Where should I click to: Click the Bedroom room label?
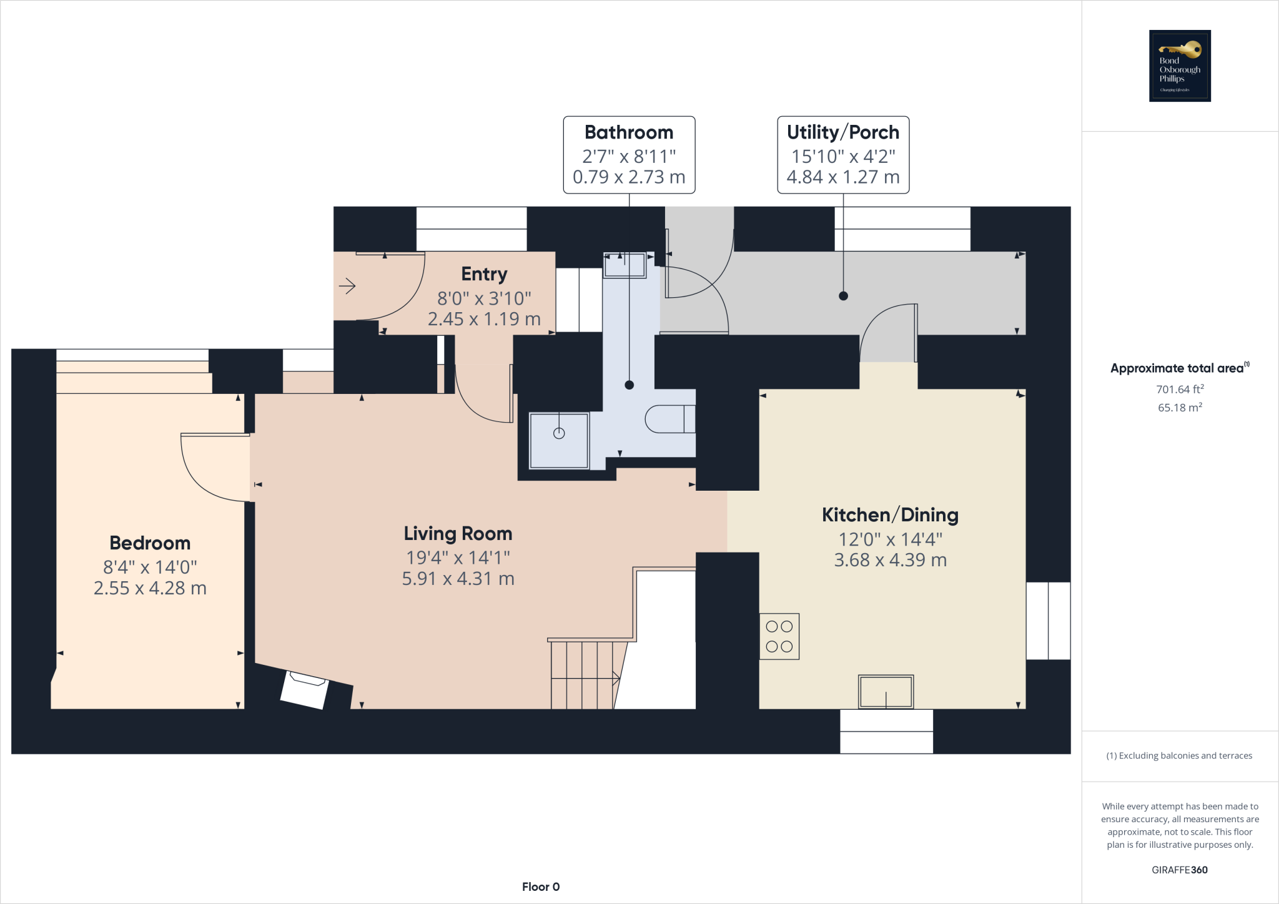(150, 543)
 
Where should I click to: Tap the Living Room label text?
(458, 534)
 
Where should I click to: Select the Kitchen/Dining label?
(890, 515)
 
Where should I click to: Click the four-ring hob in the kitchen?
(779, 637)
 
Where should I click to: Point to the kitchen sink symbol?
(886, 692)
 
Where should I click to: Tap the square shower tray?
(559, 440)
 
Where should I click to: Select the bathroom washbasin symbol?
(625, 265)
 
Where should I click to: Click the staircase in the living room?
(584, 674)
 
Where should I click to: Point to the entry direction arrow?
(347, 287)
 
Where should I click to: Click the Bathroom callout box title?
(629, 132)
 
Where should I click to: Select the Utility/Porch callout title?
(842, 132)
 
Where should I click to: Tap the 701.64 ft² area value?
(1180, 389)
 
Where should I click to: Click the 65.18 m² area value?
(1180, 408)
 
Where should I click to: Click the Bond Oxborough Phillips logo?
(1180, 66)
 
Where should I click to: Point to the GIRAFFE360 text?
(1179, 870)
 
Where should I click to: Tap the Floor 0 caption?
(541, 887)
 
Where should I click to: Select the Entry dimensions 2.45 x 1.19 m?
(484, 319)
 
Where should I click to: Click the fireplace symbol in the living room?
(305, 689)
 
